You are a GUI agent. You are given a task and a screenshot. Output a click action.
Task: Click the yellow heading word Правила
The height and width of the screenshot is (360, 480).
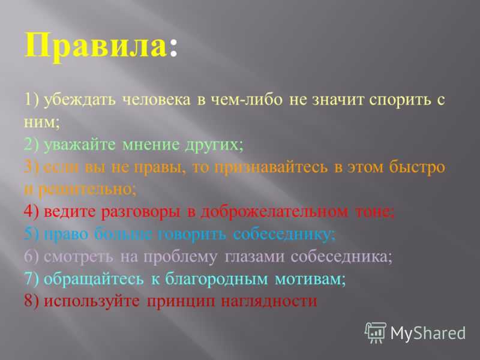(x=96, y=46)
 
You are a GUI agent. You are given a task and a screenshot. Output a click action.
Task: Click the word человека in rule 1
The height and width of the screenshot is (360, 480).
(x=156, y=100)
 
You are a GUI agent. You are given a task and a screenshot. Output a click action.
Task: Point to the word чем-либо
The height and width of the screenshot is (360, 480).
(x=247, y=100)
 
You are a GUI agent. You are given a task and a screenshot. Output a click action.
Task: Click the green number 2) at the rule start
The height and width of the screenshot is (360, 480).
(x=31, y=145)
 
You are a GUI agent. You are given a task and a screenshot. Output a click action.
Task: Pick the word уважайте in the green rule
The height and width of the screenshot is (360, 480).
(x=80, y=145)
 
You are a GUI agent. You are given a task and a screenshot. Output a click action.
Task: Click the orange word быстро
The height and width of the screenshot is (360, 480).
(x=417, y=167)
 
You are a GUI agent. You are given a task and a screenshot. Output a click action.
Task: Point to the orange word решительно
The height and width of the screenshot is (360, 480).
(x=85, y=190)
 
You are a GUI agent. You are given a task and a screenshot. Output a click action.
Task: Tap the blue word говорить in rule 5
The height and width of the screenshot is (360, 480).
(x=192, y=235)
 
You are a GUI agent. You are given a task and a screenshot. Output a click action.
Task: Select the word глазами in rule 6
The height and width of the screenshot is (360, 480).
(x=254, y=257)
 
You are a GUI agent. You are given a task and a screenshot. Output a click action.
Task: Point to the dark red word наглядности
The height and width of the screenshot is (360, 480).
(x=269, y=302)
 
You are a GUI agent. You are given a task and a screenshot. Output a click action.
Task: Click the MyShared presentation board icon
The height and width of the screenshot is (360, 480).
(x=376, y=333)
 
